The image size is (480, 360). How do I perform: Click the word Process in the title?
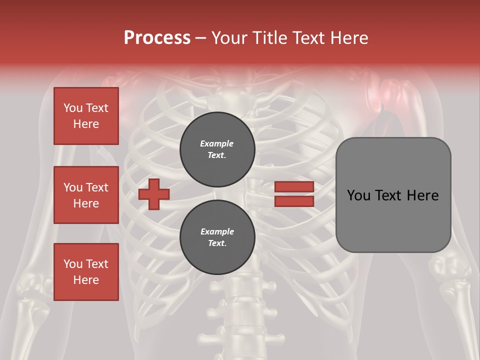(x=157, y=38)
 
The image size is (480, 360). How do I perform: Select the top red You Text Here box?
(x=86, y=116)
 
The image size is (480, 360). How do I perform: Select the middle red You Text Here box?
(x=86, y=195)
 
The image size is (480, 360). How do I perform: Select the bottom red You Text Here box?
(x=86, y=272)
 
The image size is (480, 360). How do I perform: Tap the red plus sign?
(x=154, y=194)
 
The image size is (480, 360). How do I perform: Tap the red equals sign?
(x=294, y=194)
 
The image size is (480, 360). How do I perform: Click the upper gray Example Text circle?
(x=217, y=149)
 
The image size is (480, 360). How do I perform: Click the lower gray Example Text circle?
(x=217, y=237)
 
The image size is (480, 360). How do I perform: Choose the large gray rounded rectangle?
(x=393, y=194)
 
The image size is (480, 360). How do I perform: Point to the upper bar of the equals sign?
(x=294, y=187)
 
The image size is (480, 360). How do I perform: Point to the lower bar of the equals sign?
(x=294, y=201)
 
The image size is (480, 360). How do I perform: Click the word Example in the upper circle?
(x=216, y=143)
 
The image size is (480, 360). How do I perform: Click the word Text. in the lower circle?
(x=217, y=243)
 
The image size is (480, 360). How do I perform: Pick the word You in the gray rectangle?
(x=358, y=195)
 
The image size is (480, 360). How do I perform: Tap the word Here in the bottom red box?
(x=86, y=280)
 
